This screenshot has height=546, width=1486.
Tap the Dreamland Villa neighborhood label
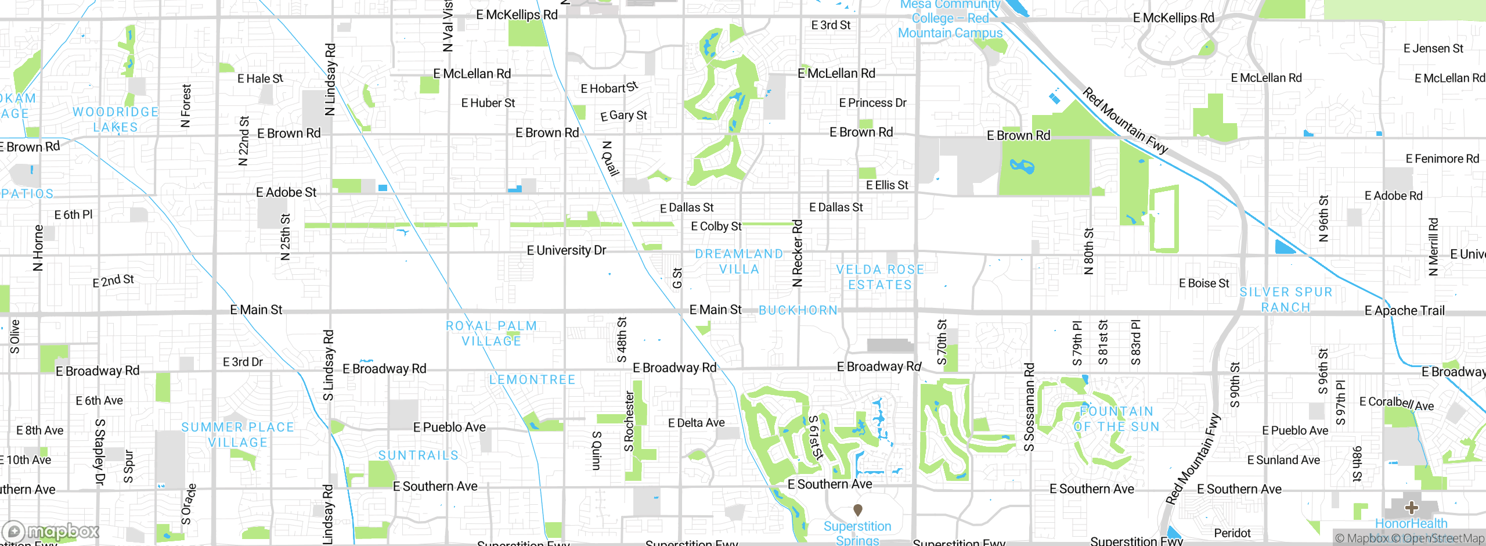pyautogui.click(x=739, y=261)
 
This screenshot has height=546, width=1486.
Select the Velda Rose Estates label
pyautogui.click(x=880, y=277)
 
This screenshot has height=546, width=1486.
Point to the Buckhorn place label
pyautogui.click(x=798, y=310)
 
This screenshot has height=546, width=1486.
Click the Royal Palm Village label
pyautogui.click(x=491, y=333)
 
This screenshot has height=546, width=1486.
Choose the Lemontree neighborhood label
pyautogui.click(x=532, y=380)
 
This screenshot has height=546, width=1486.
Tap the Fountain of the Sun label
pyautogui.click(x=1116, y=419)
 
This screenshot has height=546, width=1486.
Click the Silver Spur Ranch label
pyautogui.click(x=1286, y=299)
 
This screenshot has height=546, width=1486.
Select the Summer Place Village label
pyautogui.click(x=237, y=434)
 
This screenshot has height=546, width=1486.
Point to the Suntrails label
pyautogui.click(x=418, y=455)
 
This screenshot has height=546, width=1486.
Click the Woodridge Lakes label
pyautogui.click(x=116, y=119)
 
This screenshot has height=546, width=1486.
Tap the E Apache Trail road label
pyautogui.click(x=1404, y=311)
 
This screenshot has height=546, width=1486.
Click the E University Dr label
pyautogui.click(x=566, y=250)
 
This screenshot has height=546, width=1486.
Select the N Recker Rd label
pyautogui.click(x=798, y=253)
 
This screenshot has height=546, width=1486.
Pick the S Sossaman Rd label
pyautogui.click(x=1029, y=407)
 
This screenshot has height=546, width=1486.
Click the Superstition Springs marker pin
pyautogui.click(x=857, y=509)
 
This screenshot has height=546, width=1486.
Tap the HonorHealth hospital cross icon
pyautogui.click(x=1411, y=508)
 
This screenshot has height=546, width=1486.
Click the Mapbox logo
pyautogui.click(x=51, y=531)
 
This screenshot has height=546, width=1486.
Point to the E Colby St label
pyautogui.click(x=716, y=227)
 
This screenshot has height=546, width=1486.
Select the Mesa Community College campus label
pyautogui.click(x=950, y=19)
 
